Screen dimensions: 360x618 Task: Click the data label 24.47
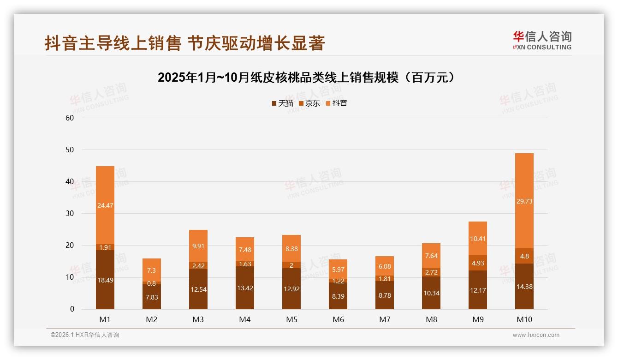point(105,205)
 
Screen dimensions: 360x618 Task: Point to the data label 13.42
point(245,288)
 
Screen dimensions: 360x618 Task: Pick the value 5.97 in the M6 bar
point(338,270)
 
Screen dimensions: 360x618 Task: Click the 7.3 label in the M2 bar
point(152,270)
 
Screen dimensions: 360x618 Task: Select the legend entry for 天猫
point(282,103)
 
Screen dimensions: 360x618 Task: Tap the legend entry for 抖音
point(336,103)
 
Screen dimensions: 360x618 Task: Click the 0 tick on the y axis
point(72,309)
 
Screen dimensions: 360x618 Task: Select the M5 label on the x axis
point(291,319)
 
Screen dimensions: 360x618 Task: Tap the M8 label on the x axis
point(431,319)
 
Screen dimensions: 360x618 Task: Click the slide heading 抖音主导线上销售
point(184,43)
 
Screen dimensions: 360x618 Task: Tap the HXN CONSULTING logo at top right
point(542,41)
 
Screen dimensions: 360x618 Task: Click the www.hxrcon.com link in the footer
point(536,335)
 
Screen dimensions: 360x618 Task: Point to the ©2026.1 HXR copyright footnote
point(85,335)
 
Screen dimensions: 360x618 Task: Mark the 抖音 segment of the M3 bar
point(198,246)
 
